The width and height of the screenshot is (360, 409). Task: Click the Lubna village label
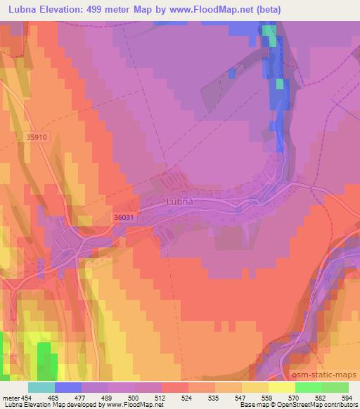(x=179, y=202)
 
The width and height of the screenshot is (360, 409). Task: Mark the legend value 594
(x=347, y=398)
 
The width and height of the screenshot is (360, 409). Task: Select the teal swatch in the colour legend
(x=41, y=387)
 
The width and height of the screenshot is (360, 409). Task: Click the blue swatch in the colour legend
(x=68, y=387)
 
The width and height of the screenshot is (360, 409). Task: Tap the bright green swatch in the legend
(x=309, y=387)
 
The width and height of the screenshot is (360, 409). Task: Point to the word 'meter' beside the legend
(x=10, y=398)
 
